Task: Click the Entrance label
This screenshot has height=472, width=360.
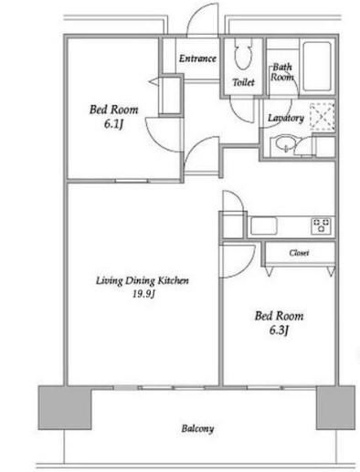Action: tap(197, 58)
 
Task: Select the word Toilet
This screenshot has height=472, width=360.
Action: tap(243, 82)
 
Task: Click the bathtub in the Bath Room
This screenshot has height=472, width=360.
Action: tap(317, 67)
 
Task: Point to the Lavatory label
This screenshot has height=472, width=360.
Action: tap(286, 118)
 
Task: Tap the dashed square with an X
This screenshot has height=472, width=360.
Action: tap(323, 117)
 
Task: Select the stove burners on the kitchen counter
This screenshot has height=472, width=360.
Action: tap(322, 226)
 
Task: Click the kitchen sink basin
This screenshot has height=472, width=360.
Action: tap(263, 226)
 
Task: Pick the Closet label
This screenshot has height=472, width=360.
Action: tap(299, 253)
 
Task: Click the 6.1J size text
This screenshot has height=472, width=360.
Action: tap(113, 124)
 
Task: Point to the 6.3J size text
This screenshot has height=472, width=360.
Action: tap(279, 330)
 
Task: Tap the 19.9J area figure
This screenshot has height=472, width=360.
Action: tap(143, 294)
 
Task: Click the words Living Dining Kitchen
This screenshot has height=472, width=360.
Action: tap(143, 280)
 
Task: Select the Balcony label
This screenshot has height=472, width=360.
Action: tap(197, 428)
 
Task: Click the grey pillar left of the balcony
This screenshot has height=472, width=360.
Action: tap(65, 407)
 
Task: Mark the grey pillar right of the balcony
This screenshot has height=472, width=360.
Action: tap(335, 407)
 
